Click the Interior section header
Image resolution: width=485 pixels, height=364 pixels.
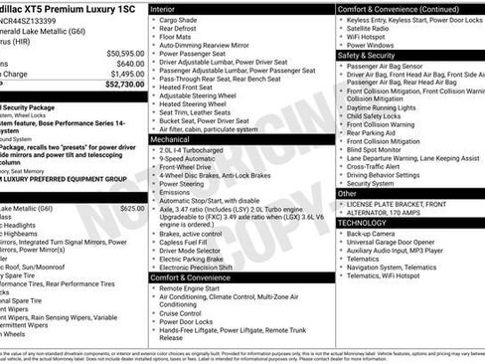pyautogui.click(x=164, y=8)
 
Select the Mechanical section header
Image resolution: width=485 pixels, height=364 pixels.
pyautogui.click(x=172, y=140)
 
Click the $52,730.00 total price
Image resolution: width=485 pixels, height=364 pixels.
pyautogui.click(x=122, y=86)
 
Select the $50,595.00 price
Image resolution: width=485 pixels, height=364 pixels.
pyautogui.click(x=124, y=53)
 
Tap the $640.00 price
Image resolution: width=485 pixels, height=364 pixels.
pyautogui.click(x=129, y=64)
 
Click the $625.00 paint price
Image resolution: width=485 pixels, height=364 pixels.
pyautogui.click(x=131, y=209)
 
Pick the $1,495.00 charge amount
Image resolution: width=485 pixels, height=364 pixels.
pyautogui.click(x=126, y=75)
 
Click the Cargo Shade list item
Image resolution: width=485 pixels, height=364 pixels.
pyautogui.click(x=178, y=19)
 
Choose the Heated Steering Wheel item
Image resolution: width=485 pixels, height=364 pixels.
pyautogui.click(x=197, y=103)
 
